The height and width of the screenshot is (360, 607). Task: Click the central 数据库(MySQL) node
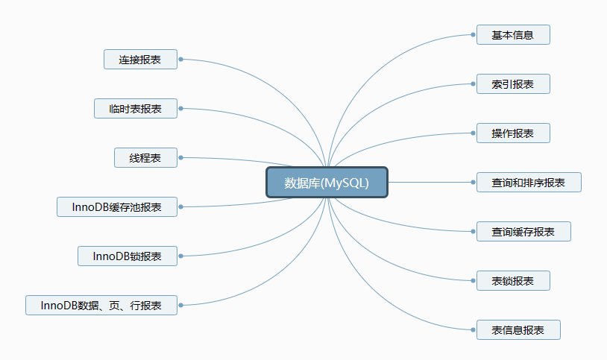tap(327, 183)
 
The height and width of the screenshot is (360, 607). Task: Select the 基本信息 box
tap(513, 35)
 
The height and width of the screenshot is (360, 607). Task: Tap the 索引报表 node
tap(513, 84)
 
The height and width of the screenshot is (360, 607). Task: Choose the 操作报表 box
tap(513, 133)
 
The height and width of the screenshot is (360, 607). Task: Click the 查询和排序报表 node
tap(528, 183)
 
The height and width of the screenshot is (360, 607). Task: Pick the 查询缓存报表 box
tap(523, 232)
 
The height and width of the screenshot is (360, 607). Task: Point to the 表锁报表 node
tap(513, 281)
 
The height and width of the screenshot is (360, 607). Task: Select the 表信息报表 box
tap(518, 330)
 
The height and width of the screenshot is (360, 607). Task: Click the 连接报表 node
tap(140, 60)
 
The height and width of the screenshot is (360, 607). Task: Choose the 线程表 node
tap(145, 158)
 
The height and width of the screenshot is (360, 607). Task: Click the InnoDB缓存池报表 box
tap(117, 207)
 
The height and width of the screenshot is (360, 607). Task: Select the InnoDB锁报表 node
tap(128, 256)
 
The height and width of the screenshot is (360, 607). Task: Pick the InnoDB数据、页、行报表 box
tap(101, 306)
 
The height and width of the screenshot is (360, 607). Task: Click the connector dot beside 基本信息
tap(474, 35)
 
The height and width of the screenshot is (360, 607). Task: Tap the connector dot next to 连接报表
tap(181, 60)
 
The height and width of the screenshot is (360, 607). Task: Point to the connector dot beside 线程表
tap(181, 158)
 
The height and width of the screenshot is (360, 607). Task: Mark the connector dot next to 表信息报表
tap(474, 330)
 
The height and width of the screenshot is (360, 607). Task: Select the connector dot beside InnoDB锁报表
tap(181, 256)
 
